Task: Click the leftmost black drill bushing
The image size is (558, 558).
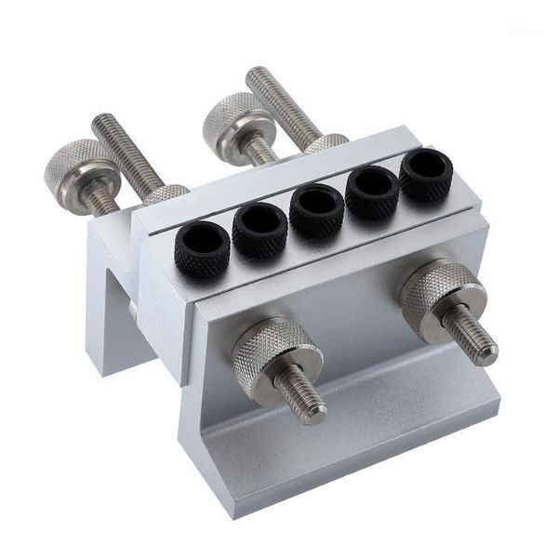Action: [201, 248]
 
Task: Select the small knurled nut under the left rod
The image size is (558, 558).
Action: [166, 194]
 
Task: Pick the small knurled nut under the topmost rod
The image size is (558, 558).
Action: [326, 142]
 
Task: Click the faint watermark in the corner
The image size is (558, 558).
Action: [526, 33]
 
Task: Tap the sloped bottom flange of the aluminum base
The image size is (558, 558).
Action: [353, 437]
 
